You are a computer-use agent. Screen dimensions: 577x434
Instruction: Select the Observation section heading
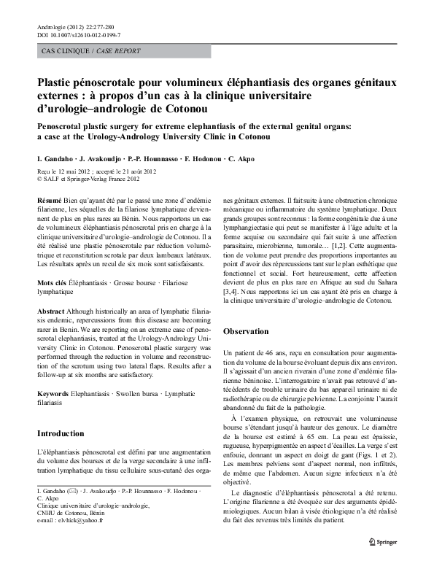click(x=247, y=331)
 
